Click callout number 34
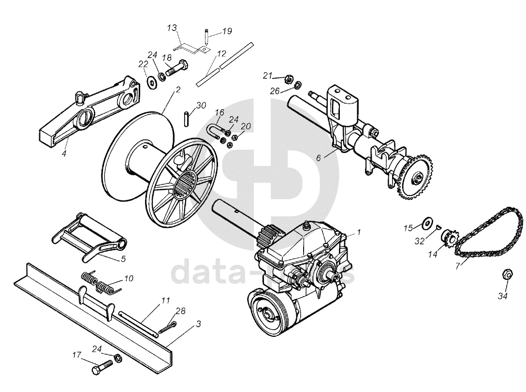(503, 296)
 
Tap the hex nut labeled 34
(507, 274)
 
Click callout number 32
(420, 241)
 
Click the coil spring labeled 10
(100, 283)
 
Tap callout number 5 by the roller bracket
(123, 259)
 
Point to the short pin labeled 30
(187, 119)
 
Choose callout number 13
(172, 28)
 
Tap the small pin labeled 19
(206, 37)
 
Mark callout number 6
(319, 158)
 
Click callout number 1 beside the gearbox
(359, 232)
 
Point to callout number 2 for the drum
(178, 90)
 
